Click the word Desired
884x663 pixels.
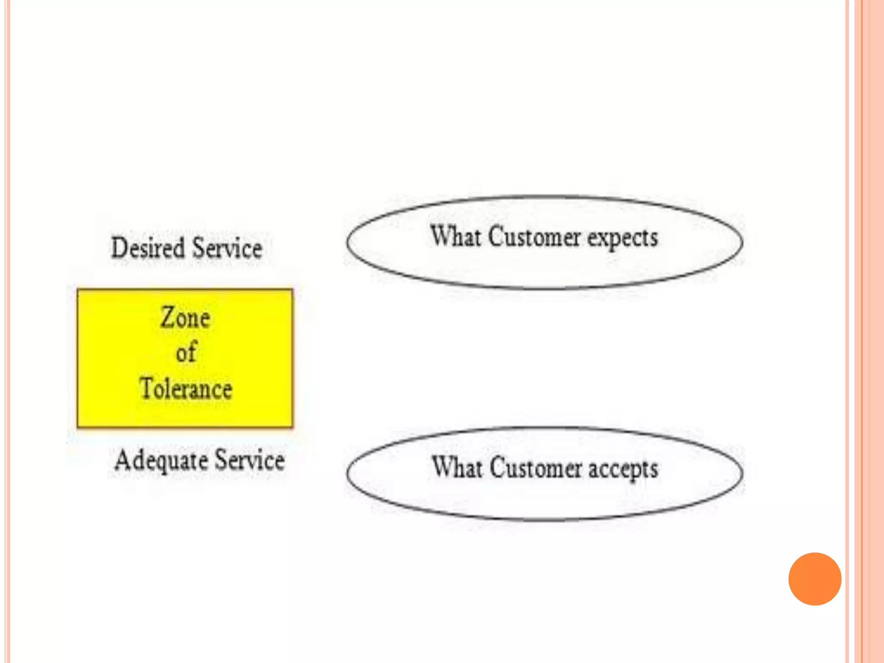(148, 248)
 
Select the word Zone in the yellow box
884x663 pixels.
(185, 318)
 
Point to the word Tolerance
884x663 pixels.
(186, 388)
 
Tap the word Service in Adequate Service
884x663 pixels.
(249, 460)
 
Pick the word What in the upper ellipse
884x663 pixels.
(455, 236)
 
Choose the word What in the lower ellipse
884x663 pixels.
(457, 467)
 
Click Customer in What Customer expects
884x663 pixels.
(534, 237)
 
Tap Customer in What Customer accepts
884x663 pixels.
(535, 468)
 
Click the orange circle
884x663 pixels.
(815, 579)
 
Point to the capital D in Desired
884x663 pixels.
(119, 248)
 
